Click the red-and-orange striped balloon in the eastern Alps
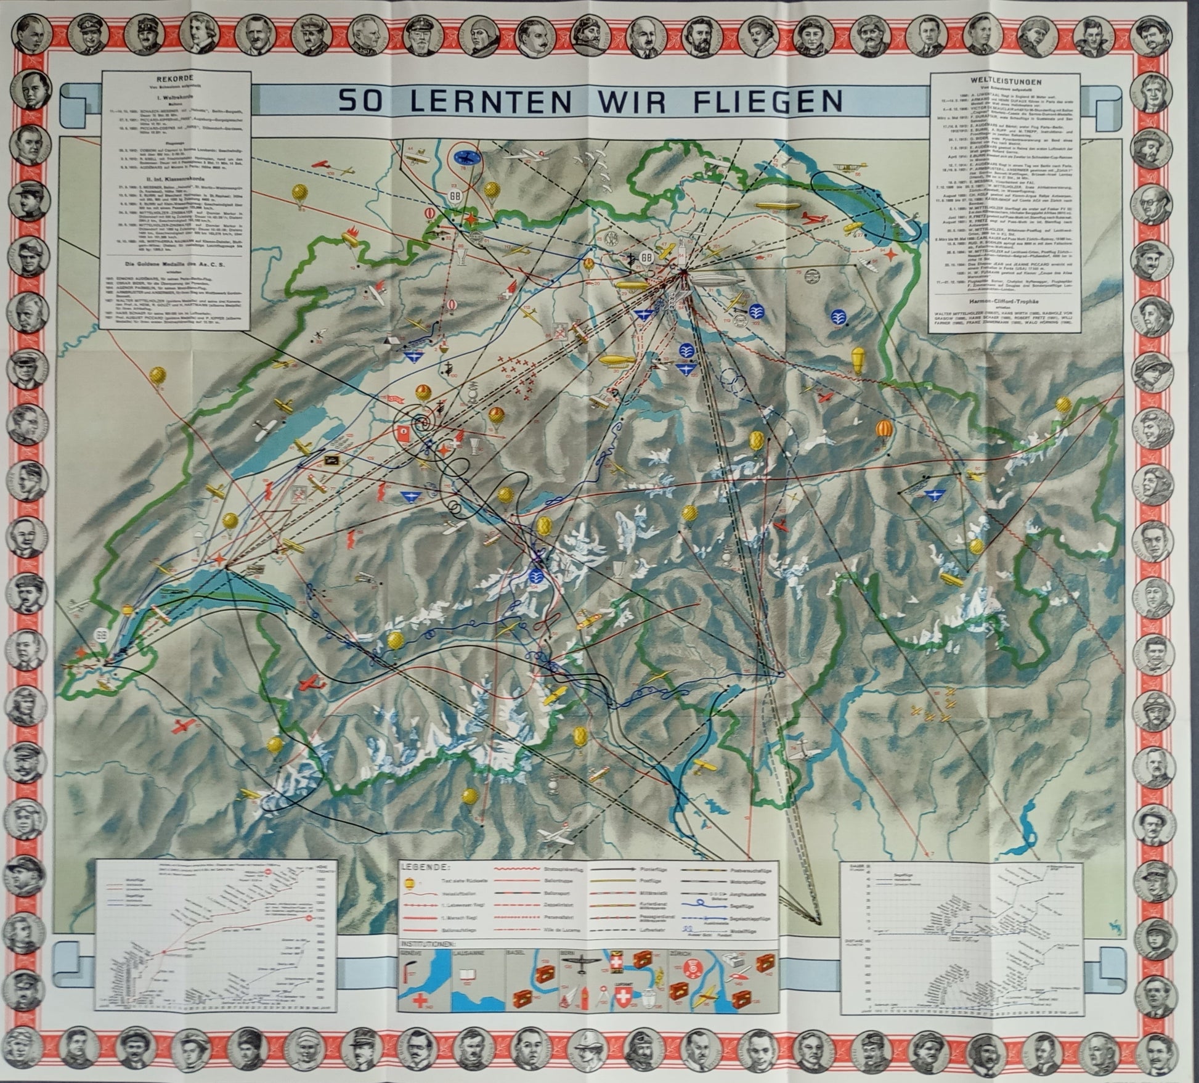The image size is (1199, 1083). [x=885, y=428]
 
